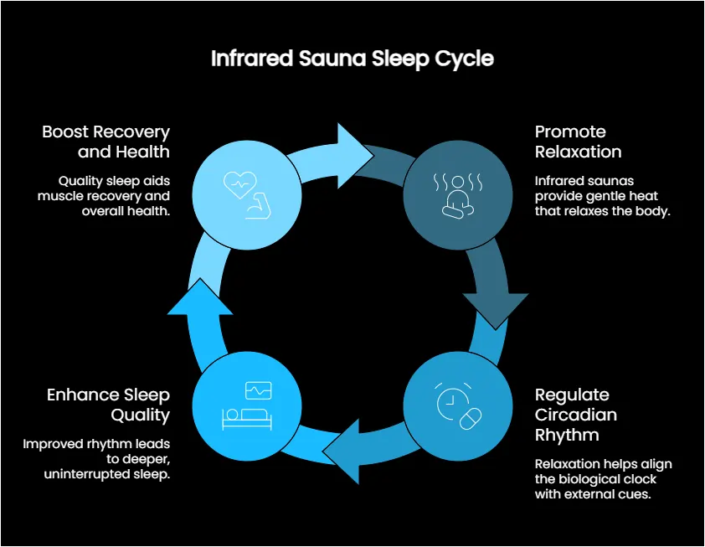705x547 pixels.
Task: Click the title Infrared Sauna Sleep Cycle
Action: click(352, 59)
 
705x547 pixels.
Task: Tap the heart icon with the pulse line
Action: click(240, 184)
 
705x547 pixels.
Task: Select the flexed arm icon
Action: click(258, 206)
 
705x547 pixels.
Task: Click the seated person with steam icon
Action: click(458, 196)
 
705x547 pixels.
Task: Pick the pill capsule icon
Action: click(471, 419)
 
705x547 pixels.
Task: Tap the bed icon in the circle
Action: click(247, 419)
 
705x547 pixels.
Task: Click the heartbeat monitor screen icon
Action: click(259, 390)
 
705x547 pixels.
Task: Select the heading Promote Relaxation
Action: click(579, 142)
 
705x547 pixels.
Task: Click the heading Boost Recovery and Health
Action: click(106, 142)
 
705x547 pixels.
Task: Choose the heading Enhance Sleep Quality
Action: click(108, 405)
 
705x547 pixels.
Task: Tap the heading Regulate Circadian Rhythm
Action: click(576, 415)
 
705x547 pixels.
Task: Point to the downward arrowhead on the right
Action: click(496, 312)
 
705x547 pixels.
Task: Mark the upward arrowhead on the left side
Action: click(200, 297)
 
